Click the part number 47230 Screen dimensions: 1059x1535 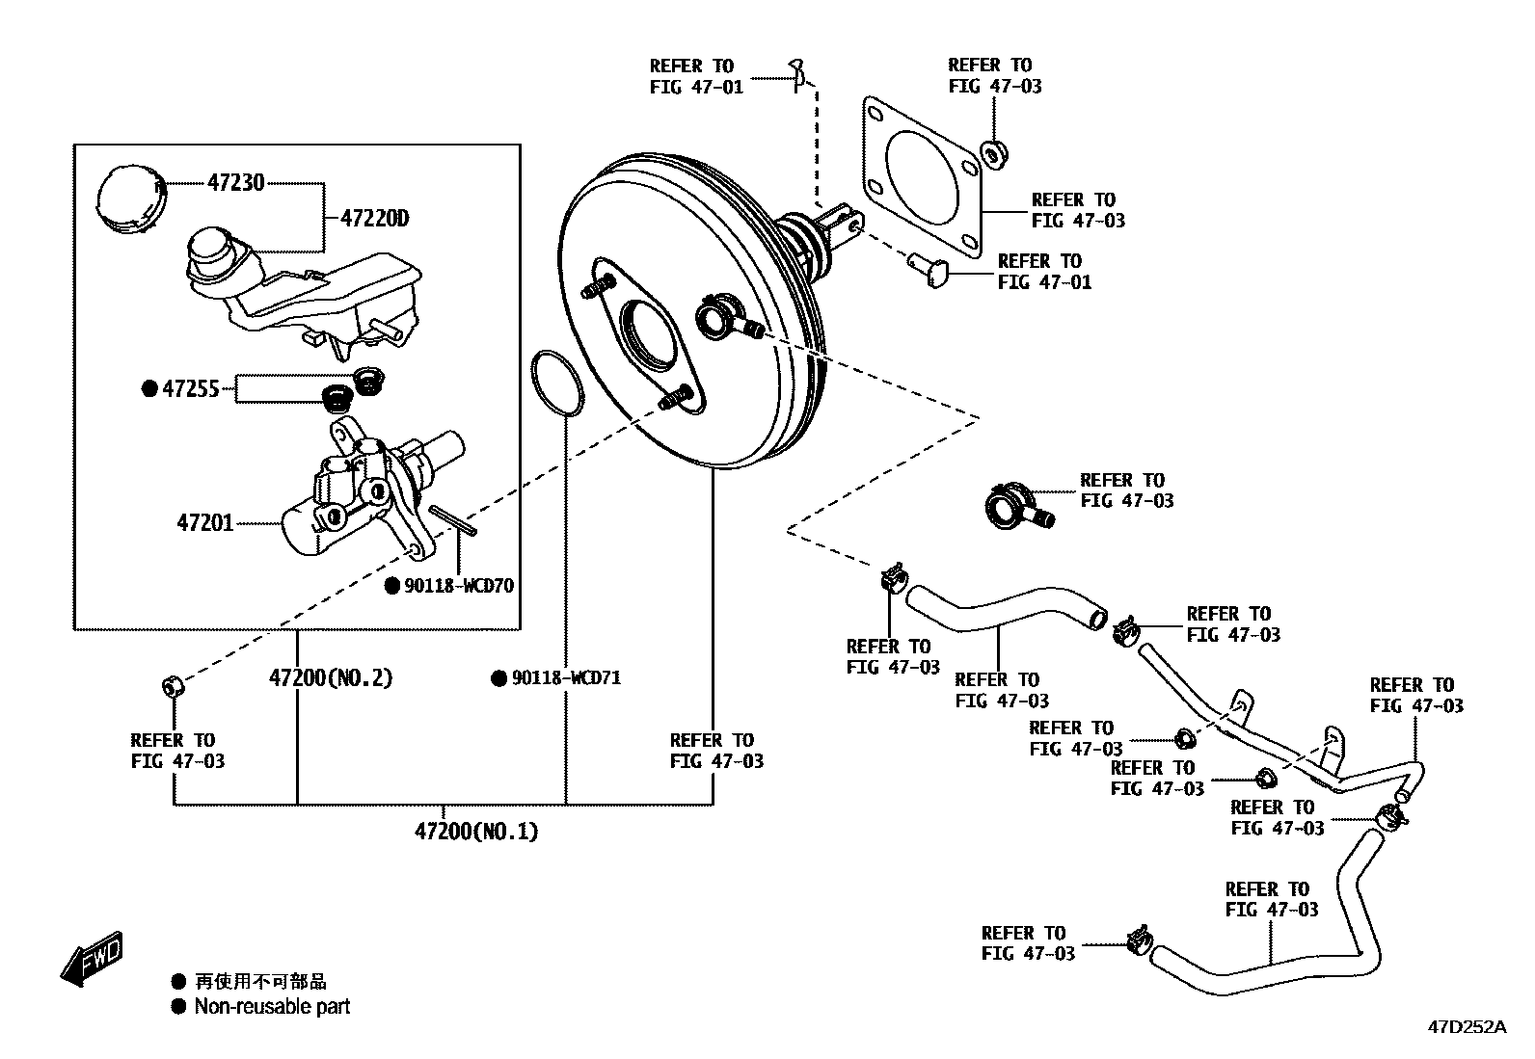tap(235, 182)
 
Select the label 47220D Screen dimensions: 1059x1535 tap(374, 219)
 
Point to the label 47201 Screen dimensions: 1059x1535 tap(204, 523)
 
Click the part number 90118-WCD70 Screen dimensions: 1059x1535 tap(458, 586)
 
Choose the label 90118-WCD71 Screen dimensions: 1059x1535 tap(565, 678)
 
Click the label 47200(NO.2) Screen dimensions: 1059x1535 tap(331, 678)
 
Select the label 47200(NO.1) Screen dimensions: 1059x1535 tap(476, 831)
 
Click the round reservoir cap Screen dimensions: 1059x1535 tap(131, 198)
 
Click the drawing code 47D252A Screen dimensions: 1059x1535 tap(1466, 1027)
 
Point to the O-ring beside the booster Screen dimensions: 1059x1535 tap(556, 384)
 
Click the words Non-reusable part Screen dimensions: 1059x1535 tap(272, 1007)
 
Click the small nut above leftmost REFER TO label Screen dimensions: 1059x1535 tap(172, 687)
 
